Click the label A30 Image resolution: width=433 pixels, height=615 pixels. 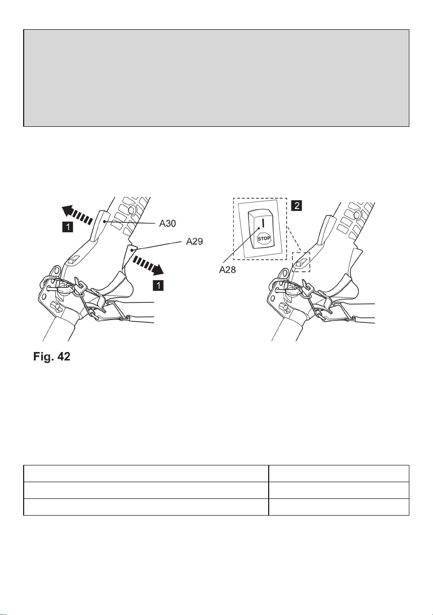168,223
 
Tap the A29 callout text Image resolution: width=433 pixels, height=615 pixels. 194,242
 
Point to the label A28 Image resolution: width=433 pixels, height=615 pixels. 227,270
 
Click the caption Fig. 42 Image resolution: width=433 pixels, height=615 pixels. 52,356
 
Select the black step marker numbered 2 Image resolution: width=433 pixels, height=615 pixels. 297,205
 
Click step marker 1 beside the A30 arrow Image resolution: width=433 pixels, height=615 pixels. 68,227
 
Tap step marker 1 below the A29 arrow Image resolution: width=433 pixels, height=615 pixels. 158,285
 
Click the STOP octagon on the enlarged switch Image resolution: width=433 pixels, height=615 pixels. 264,238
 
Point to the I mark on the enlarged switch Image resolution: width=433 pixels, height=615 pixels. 263,223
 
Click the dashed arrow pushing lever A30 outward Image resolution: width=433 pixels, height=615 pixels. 77,215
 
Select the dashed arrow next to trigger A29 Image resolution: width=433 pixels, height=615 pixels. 149,266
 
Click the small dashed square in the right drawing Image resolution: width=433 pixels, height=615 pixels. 301,262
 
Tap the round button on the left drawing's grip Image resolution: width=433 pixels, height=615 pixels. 132,209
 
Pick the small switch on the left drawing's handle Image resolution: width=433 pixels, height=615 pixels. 73,260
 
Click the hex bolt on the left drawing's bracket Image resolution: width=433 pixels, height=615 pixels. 55,307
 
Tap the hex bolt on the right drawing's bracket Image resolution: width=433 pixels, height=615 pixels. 284,308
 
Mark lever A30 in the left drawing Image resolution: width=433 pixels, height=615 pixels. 99,225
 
